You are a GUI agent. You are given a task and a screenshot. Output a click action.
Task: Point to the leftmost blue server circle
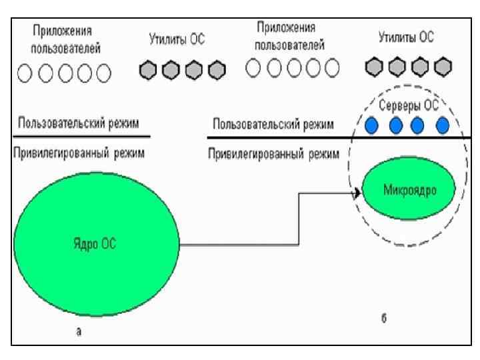pos(372,125)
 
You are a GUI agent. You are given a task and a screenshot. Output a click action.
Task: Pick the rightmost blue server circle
pos(442,125)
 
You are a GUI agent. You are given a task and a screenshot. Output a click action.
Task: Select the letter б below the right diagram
pos(385,319)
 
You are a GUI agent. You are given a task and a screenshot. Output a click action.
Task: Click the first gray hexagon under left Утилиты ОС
pos(149,69)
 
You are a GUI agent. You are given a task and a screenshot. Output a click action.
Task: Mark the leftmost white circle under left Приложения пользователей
pos(25,71)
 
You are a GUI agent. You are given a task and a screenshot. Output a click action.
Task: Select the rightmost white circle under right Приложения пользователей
pos(330,67)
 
